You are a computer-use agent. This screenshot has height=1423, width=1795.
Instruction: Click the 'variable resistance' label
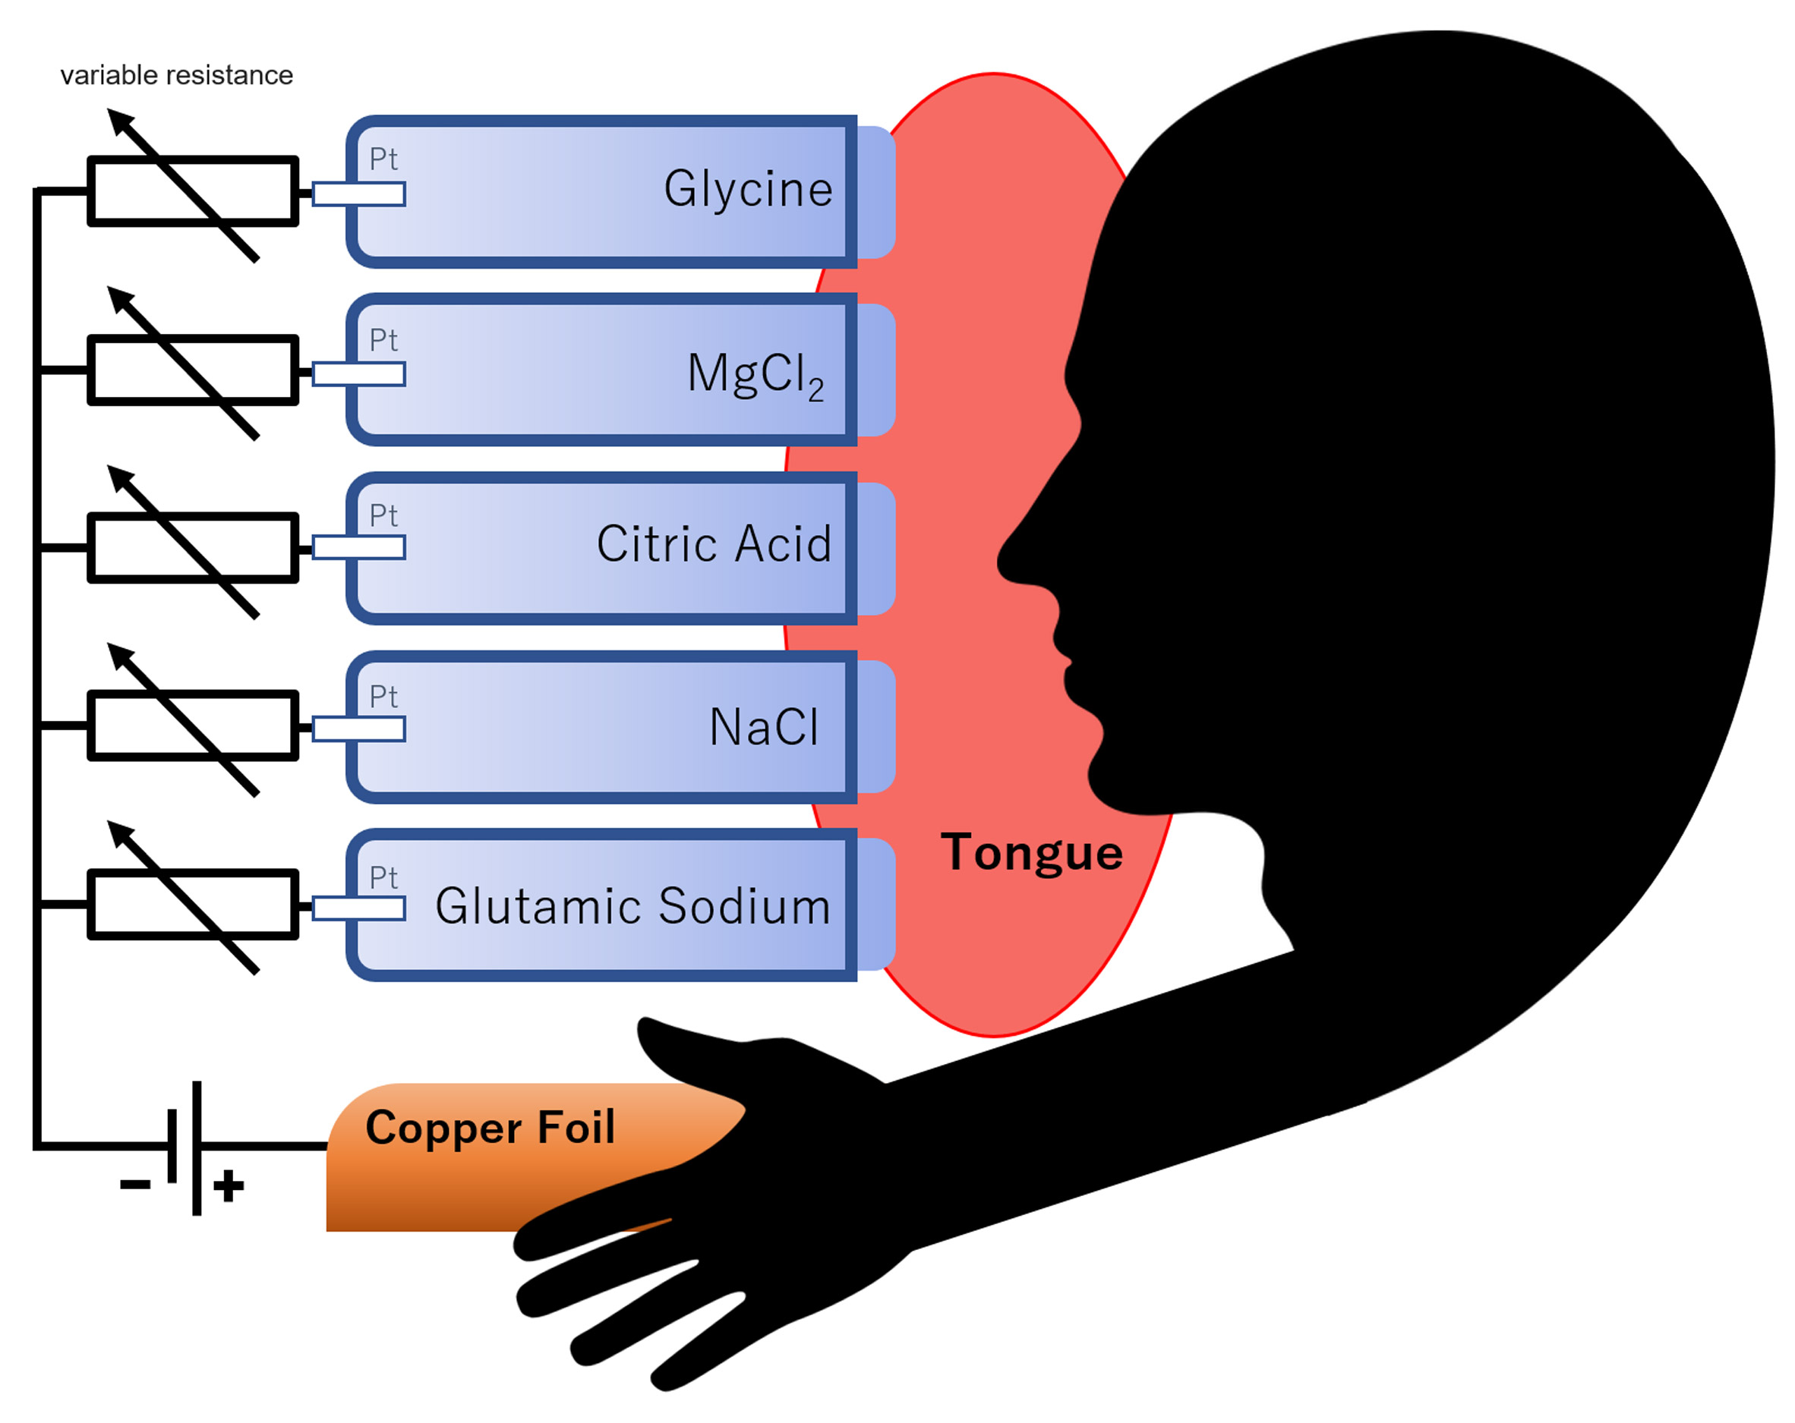pyautogui.click(x=176, y=76)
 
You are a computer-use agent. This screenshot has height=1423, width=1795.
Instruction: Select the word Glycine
pyautogui.click(x=748, y=189)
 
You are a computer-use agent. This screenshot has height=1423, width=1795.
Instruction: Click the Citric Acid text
pyautogui.click(x=714, y=544)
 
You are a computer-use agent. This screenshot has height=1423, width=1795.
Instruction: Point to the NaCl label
pyautogui.click(x=763, y=727)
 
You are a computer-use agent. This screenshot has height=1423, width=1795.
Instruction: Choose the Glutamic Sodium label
pyautogui.click(x=633, y=906)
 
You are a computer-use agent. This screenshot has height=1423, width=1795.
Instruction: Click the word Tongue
pyautogui.click(x=1032, y=853)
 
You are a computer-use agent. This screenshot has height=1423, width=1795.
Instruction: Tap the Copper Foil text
pyautogui.click(x=491, y=1129)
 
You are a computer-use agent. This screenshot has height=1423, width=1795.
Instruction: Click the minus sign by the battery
pyautogui.click(x=136, y=1184)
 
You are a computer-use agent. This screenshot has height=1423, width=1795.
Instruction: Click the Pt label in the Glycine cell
pyautogui.click(x=383, y=159)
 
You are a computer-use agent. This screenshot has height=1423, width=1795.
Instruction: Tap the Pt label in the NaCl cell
pyautogui.click(x=383, y=697)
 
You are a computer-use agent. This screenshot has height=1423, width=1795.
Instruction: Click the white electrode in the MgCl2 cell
pyautogui.click(x=359, y=374)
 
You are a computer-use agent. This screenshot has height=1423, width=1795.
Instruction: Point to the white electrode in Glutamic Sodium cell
pyautogui.click(x=359, y=908)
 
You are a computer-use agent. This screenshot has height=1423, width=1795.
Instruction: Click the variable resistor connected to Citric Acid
pyautogui.click(x=192, y=547)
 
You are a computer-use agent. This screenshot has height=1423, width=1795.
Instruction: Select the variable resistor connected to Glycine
pyautogui.click(x=192, y=190)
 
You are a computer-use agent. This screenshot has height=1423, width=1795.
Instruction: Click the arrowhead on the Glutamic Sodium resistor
pyautogui.click(x=121, y=834)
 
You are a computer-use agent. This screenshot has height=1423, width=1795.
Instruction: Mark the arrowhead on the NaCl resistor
pyautogui.click(x=121, y=656)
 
